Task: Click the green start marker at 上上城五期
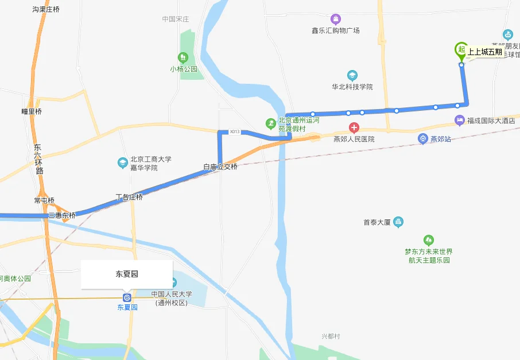460,50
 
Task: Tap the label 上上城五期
484,52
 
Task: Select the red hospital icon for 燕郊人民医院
355,127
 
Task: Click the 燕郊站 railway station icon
422,139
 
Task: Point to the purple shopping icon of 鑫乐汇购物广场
336,20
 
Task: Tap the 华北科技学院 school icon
352,75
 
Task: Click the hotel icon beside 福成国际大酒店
459,121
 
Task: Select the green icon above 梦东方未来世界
428,240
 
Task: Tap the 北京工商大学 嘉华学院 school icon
122,163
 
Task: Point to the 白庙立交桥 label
220,167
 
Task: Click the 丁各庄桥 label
129,197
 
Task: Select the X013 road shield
234,132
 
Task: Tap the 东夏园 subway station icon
127,297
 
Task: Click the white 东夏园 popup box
127,274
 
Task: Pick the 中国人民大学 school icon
173,282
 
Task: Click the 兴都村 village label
331,336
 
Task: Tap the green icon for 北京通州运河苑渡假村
270,123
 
